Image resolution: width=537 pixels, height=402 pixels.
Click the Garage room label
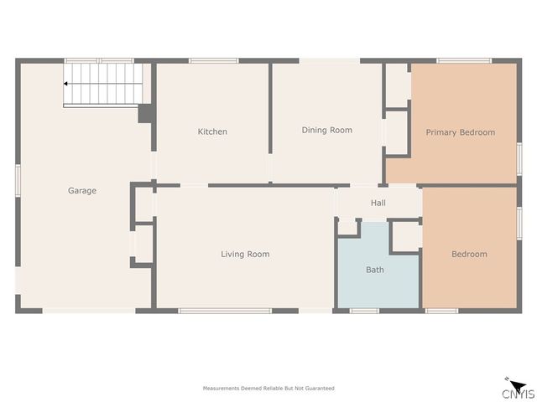point(82,191)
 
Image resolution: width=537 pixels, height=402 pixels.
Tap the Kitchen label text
point(212,131)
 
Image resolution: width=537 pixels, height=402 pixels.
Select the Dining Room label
point(327,130)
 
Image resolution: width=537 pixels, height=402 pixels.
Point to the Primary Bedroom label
point(460,132)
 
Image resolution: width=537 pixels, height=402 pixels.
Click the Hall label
point(378,203)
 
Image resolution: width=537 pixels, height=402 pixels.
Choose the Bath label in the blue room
point(375,270)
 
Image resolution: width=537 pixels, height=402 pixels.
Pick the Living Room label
point(245,254)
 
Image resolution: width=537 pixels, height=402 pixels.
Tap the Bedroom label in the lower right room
point(469,254)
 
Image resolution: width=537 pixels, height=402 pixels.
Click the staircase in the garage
point(103,85)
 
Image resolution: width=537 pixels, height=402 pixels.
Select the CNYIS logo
point(516,391)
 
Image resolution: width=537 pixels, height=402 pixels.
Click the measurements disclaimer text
point(268,388)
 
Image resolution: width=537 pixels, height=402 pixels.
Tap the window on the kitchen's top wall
point(213,60)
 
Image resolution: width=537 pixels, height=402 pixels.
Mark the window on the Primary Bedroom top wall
point(464,60)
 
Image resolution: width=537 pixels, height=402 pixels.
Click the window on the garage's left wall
point(18,182)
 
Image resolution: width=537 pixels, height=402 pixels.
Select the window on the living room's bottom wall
point(225,312)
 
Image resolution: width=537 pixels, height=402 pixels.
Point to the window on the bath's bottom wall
point(364,312)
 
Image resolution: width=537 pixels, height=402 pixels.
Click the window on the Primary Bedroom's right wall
point(519,159)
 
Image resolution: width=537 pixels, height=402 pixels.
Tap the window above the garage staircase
point(99,60)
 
